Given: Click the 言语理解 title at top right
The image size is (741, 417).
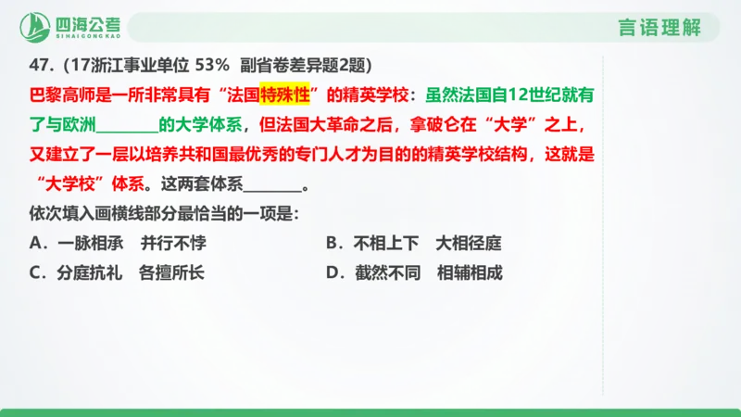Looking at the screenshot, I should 659,27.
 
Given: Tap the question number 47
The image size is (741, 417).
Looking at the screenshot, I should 39,66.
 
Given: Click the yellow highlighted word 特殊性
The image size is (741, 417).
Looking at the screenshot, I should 283,95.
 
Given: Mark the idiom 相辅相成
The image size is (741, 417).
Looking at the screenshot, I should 469,273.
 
